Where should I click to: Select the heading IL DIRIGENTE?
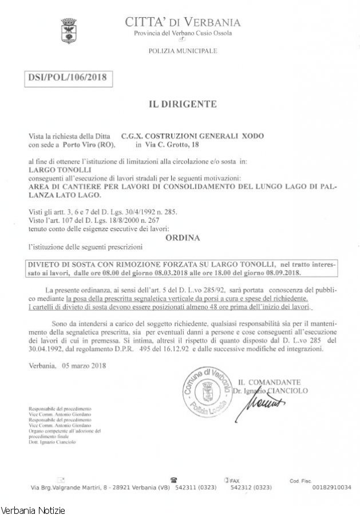[183, 104]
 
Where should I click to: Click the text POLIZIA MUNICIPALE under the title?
[183, 51]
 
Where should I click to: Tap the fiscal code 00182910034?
[332, 487]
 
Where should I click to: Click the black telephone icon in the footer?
[173, 480]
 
